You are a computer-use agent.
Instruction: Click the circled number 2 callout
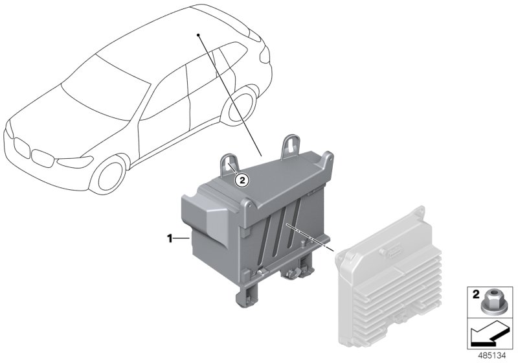tap(242, 180)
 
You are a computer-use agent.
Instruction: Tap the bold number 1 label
tap(170, 238)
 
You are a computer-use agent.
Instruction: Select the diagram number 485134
tap(492, 356)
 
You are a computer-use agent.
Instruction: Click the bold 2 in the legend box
tap(475, 294)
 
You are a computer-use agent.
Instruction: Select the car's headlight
tap(75, 161)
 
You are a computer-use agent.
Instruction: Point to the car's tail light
tap(264, 54)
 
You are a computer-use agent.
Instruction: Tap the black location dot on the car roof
tap(198, 35)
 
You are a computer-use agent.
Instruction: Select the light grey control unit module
tap(388, 277)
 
